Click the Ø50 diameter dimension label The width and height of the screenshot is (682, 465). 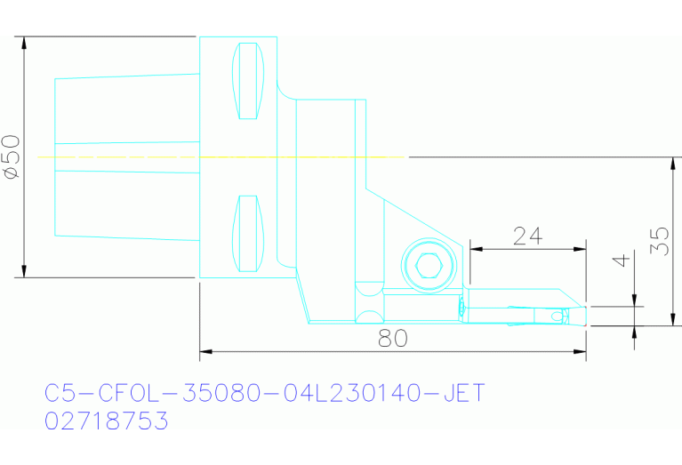pos(12,157)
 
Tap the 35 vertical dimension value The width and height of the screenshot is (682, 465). pos(659,240)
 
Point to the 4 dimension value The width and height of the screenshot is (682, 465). pos(622,261)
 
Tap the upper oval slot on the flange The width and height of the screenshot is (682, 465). pos(248,81)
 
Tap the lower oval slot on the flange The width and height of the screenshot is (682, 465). pos(248,234)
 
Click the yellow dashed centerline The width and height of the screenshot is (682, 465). pos(222,156)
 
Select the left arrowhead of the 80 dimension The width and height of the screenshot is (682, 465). pos(205,354)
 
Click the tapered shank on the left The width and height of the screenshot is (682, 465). pos(124,157)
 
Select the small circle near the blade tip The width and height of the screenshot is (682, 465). pos(558,316)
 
